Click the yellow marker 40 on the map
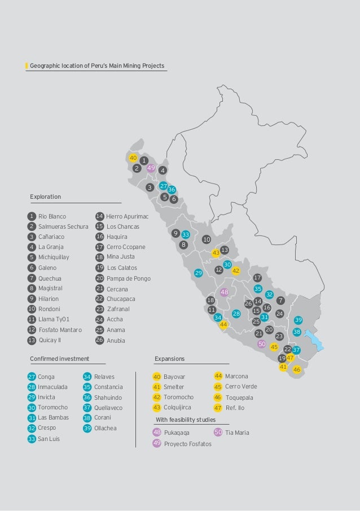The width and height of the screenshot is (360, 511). [x=133, y=158]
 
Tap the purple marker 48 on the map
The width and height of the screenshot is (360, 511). [x=224, y=292]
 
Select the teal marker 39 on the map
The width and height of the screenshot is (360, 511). [x=298, y=320]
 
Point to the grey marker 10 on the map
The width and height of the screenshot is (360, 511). [x=207, y=239]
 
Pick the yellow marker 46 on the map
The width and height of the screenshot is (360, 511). [x=297, y=369]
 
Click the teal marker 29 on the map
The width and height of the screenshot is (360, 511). [x=198, y=273]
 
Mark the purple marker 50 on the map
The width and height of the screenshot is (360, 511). [x=261, y=344]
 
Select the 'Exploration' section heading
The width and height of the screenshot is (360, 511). [x=46, y=196]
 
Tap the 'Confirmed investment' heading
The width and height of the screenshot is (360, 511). [x=59, y=358]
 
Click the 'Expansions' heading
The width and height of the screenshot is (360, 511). [x=169, y=358]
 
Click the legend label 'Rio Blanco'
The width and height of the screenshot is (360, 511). [x=52, y=216]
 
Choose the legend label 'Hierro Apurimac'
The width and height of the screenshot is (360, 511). [x=127, y=216]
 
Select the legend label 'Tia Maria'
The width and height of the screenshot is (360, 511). [x=237, y=433]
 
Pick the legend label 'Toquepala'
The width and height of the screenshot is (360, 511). [x=239, y=397]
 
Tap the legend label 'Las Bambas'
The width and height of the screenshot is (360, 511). [x=53, y=418]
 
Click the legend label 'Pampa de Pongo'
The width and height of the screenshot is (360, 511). [x=129, y=278]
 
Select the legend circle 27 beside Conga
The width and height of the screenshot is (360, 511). [x=32, y=377]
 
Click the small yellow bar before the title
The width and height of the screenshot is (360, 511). [x=27, y=66]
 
